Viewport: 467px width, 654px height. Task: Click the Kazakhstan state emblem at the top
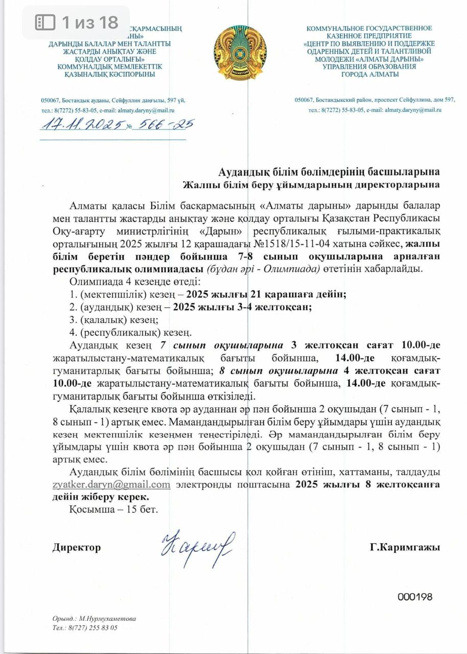click(x=233, y=53)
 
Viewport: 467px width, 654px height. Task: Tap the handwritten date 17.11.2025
click(x=81, y=125)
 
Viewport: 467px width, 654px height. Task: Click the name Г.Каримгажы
click(x=405, y=547)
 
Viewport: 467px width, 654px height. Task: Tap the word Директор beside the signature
click(x=77, y=547)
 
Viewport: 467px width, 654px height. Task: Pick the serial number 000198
click(x=415, y=597)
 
